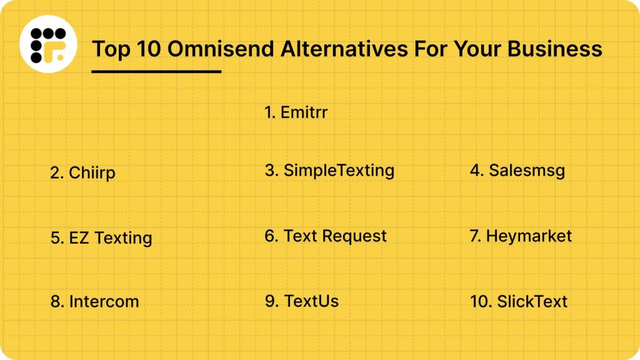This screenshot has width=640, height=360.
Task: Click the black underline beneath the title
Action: [156, 71]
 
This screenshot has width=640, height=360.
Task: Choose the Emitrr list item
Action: [296, 112]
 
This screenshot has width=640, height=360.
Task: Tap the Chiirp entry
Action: [82, 173]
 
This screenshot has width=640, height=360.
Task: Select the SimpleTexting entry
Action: [329, 170]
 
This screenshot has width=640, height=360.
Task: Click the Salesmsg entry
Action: [517, 170]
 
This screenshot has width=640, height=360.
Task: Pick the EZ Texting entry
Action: [101, 238]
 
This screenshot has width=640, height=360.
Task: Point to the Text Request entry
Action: [326, 236]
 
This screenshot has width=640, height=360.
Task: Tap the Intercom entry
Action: [94, 301]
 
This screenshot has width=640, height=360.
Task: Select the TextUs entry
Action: [302, 301]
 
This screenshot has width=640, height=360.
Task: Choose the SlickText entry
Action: [518, 301]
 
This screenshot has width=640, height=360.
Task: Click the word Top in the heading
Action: [108, 48]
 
